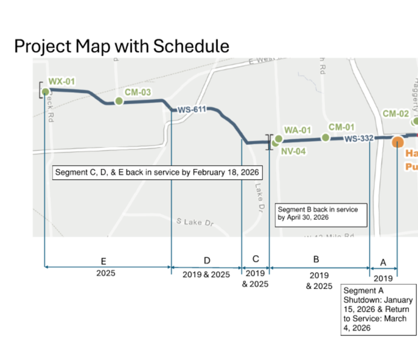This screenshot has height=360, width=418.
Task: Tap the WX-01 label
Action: [x=62, y=81]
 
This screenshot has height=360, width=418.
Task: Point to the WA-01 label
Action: [x=298, y=130]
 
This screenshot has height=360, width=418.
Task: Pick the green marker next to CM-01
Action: [x=325, y=138]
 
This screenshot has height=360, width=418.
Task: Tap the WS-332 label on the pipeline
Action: [x=358, y=139]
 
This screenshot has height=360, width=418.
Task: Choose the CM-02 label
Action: [x=396, y=113]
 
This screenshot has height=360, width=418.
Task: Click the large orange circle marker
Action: [x=398, y=142]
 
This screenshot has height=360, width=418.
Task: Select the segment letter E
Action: [x=103, y=261]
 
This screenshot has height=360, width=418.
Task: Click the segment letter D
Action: [x=207, y=261]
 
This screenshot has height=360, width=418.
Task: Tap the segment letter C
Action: [x=256, y=259]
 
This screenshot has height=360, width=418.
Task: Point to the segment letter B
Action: [x=316, y=260]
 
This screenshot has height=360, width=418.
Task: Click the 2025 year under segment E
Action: [x=105, y=273]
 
